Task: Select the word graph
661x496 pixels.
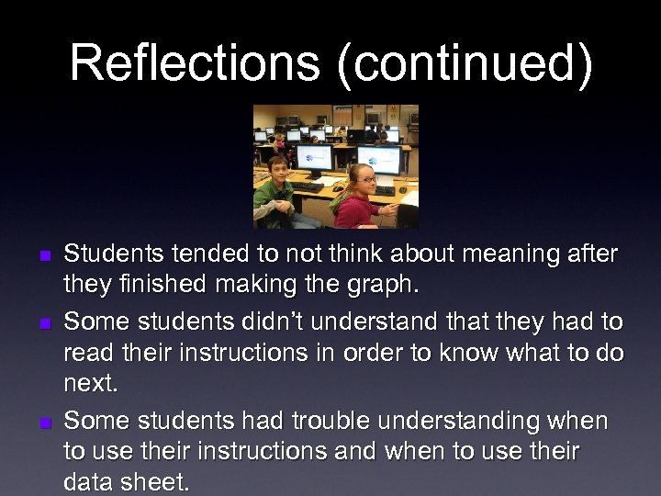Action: [378, 285]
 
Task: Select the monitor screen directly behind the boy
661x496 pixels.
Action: [312, 157]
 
